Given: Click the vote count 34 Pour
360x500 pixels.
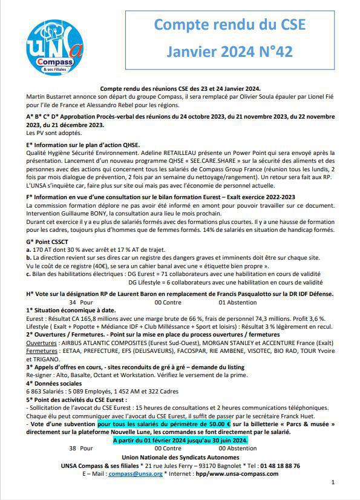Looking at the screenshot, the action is [81, 301].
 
